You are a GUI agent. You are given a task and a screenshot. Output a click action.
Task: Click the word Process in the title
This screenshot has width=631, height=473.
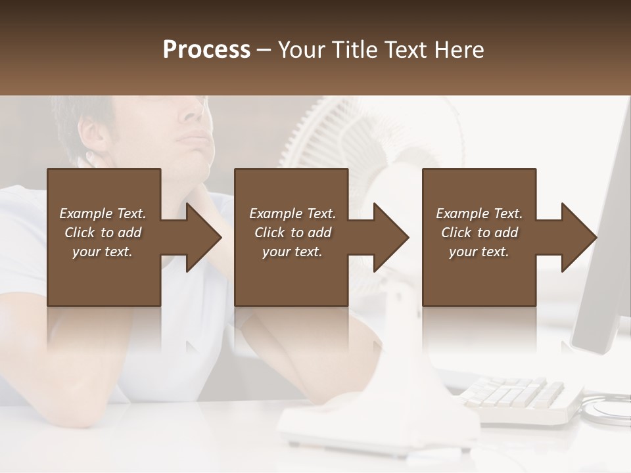[206, 50]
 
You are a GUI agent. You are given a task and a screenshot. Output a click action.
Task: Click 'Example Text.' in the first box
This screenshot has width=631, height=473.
[103, 214]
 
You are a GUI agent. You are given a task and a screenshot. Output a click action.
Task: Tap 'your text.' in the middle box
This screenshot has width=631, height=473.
[292, 252]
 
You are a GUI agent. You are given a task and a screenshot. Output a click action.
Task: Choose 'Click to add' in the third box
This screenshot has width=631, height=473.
[479, 233]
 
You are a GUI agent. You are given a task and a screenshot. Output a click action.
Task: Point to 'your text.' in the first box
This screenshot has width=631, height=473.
[103, 252]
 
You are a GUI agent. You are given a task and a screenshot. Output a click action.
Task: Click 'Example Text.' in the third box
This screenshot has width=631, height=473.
[479, 214]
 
